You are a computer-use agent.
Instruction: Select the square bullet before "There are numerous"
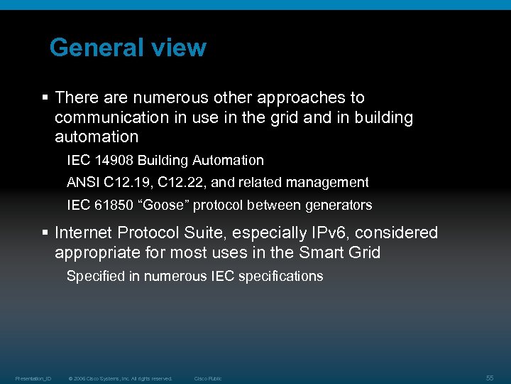click(x=45, y=97)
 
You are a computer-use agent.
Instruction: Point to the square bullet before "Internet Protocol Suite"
click(x=45, y=233)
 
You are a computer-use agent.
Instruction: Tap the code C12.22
click(x=179, y=183)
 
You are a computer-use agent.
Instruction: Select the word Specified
click(x=94, y=277)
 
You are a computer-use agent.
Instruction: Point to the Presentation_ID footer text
click(x=33, y=378)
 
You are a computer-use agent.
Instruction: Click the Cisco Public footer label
click(x=208, y=378)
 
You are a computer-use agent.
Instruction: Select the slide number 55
click(x=490, y=378)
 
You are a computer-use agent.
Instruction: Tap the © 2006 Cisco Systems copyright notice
click(x=120, y=378)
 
